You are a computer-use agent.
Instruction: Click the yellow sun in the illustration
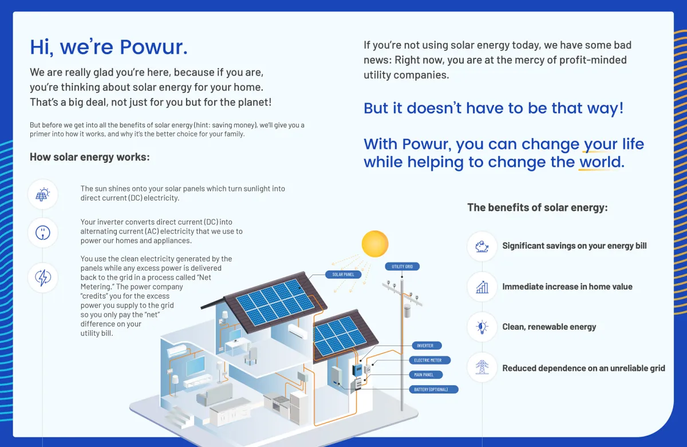[375, 244]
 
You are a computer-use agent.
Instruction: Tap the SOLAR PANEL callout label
[343, 275]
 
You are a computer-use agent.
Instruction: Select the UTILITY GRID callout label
[402, 266]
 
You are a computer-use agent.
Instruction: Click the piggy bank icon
[482, 246]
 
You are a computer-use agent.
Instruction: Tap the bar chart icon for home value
[482, 287]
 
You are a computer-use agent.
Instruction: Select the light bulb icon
[482, 327]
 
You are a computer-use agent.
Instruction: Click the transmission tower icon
[482, 367]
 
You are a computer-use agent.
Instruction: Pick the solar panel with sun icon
[42, 194]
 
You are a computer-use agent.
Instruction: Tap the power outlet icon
[42, 233]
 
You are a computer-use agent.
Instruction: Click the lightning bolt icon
[42, 277]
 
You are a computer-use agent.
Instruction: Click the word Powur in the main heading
[153, 47]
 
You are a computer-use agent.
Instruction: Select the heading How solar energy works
[89, 157]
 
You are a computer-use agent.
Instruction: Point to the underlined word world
[600, 162]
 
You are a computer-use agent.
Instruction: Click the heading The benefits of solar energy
[538, 207]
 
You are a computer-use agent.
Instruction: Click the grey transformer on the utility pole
[407, 311]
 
